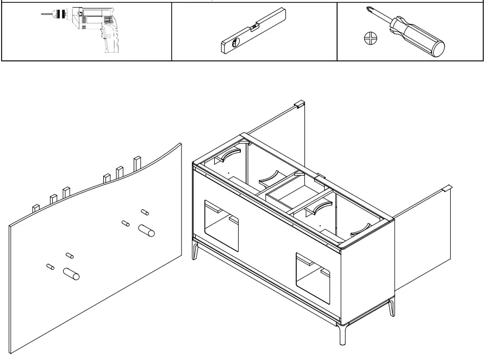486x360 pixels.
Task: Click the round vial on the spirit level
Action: (234, 44)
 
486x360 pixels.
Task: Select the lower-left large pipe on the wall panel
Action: (71, 273)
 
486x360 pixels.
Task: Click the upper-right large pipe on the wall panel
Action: (147, 231)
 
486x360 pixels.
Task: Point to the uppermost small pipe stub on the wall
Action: (145, 211)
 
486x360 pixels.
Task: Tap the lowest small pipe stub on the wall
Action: (49, 266)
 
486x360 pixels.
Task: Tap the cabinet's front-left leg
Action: (197, 252)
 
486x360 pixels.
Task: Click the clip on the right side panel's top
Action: (446, 188)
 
